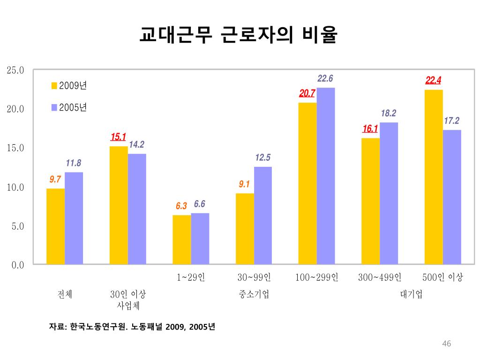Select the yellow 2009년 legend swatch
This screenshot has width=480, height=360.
[54, 86]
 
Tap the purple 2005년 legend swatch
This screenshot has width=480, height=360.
[54, 108]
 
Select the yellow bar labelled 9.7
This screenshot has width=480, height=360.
[56, 226]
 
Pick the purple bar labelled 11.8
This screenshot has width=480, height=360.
[74, 218]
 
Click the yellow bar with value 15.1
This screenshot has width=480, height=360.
[119, 205]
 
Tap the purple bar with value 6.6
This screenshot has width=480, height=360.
[200, 239]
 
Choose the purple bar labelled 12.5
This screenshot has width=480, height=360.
[263, 216]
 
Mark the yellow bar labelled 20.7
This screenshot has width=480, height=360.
[307, 183]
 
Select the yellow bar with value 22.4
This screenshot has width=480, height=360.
[434, 177]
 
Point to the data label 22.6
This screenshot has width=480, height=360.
[325, 79]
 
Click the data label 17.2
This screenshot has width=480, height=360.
[451, 121]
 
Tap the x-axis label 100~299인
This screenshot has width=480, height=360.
[317, 277]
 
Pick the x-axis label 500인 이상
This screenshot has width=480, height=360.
[442, 277]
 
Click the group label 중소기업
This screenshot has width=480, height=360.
[254, 294]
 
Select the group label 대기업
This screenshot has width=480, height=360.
[411, 294]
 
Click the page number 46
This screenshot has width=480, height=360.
[446, 345]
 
